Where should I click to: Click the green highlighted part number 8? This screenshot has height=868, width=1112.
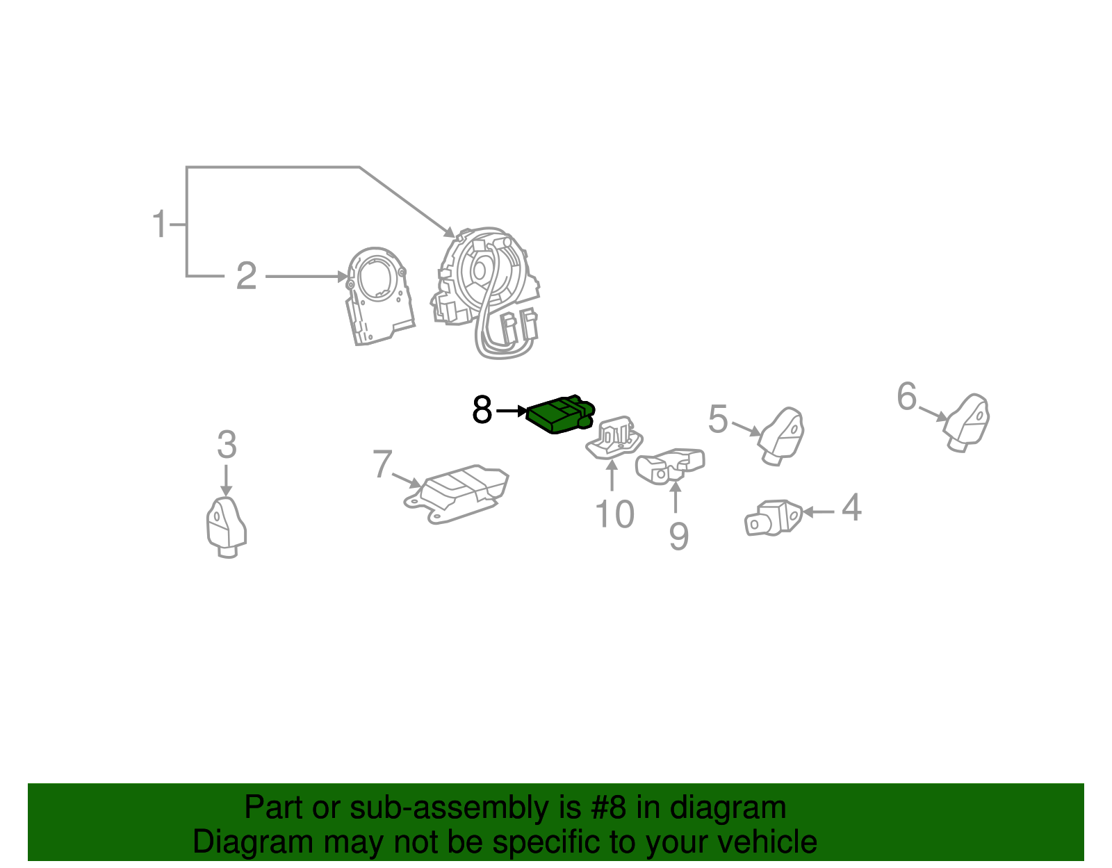[559, 416]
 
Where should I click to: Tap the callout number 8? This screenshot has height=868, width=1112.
[482, 410]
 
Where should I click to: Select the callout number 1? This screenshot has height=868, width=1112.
[160, 224]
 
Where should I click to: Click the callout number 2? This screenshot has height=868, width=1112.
[246, 277]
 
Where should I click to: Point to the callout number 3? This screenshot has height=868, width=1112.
[227, 445]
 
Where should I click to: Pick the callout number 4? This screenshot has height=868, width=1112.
[851, 508]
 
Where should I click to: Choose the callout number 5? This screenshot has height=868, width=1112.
[718, 419]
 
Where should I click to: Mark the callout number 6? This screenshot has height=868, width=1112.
[907, 396]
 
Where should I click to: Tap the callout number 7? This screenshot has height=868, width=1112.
[382, 464]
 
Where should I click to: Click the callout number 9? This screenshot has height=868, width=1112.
[678, 537]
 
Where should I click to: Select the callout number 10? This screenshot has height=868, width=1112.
[614, 515]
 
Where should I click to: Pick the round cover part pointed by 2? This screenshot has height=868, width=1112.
[379, 295]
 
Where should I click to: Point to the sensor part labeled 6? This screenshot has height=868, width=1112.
[967, 421]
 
